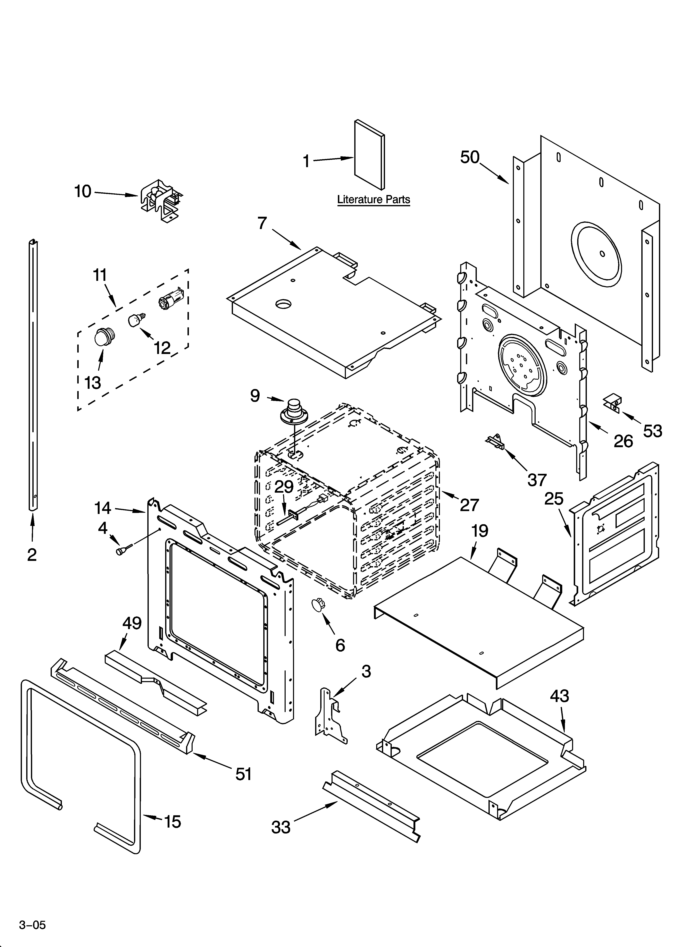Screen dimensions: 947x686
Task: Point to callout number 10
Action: click(83, 192)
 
